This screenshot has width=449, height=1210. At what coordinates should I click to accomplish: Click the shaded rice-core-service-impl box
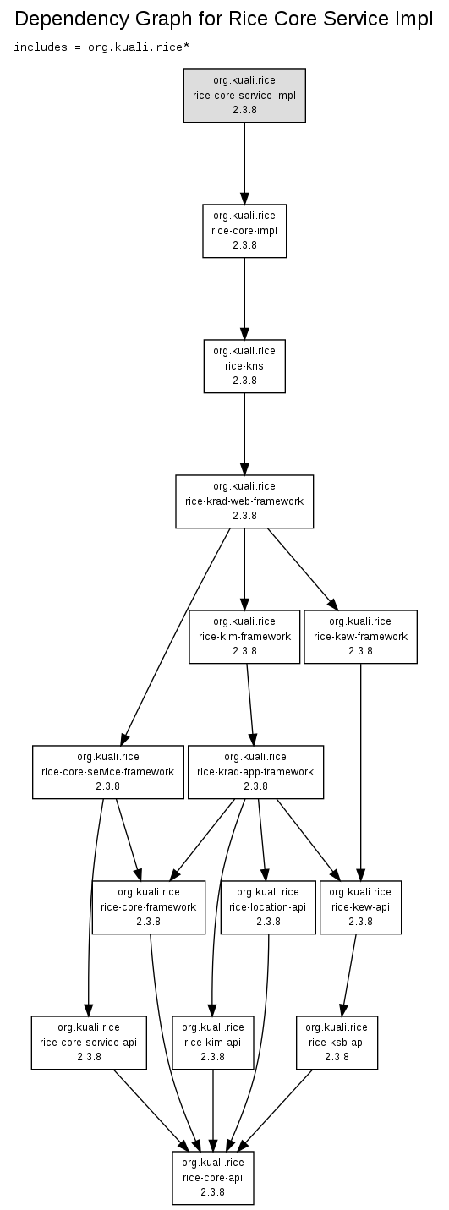tap(244, 96)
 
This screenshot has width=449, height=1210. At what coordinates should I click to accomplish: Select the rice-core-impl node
tap(244, 231)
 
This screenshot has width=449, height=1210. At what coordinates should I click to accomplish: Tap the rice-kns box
tap(244, 366)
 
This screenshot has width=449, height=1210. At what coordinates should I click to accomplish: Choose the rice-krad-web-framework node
tap(244, 501)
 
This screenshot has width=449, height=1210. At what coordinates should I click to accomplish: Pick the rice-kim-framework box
tap(244, 637)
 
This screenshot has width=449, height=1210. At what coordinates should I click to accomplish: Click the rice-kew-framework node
tap(360, 637)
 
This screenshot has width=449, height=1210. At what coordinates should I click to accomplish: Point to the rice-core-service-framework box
tap(108, 772)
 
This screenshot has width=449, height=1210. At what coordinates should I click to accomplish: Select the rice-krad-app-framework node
tap(255, 772)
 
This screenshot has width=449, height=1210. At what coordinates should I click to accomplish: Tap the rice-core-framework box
tap(149, 907)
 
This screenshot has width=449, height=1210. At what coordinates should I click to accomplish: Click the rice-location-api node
tap(268, 907)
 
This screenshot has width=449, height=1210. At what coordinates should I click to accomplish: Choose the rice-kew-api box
tap(360, 907)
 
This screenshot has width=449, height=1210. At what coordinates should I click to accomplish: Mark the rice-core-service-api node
tap(89, 1043)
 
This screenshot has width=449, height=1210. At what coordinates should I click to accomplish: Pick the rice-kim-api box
tap(212, 1043)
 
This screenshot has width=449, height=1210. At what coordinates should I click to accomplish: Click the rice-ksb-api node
tap(337, 1043)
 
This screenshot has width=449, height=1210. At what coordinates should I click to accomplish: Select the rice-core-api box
tap(212, 1178)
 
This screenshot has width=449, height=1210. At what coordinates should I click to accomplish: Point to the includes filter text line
tap(101, 47)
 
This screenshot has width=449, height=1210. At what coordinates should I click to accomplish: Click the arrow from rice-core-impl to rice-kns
tap(244, 298)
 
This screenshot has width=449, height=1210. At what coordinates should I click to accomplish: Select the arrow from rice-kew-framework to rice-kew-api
tap(360, 773)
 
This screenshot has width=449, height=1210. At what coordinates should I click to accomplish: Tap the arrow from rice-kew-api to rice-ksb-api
tap(349, 975)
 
